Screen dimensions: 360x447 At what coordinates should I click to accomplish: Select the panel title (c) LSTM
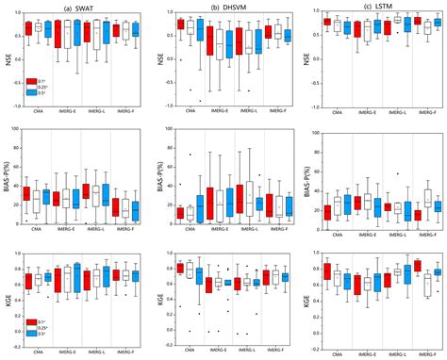(373, 8)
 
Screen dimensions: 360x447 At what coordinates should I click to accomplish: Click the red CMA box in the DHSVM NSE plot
(180, 24)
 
